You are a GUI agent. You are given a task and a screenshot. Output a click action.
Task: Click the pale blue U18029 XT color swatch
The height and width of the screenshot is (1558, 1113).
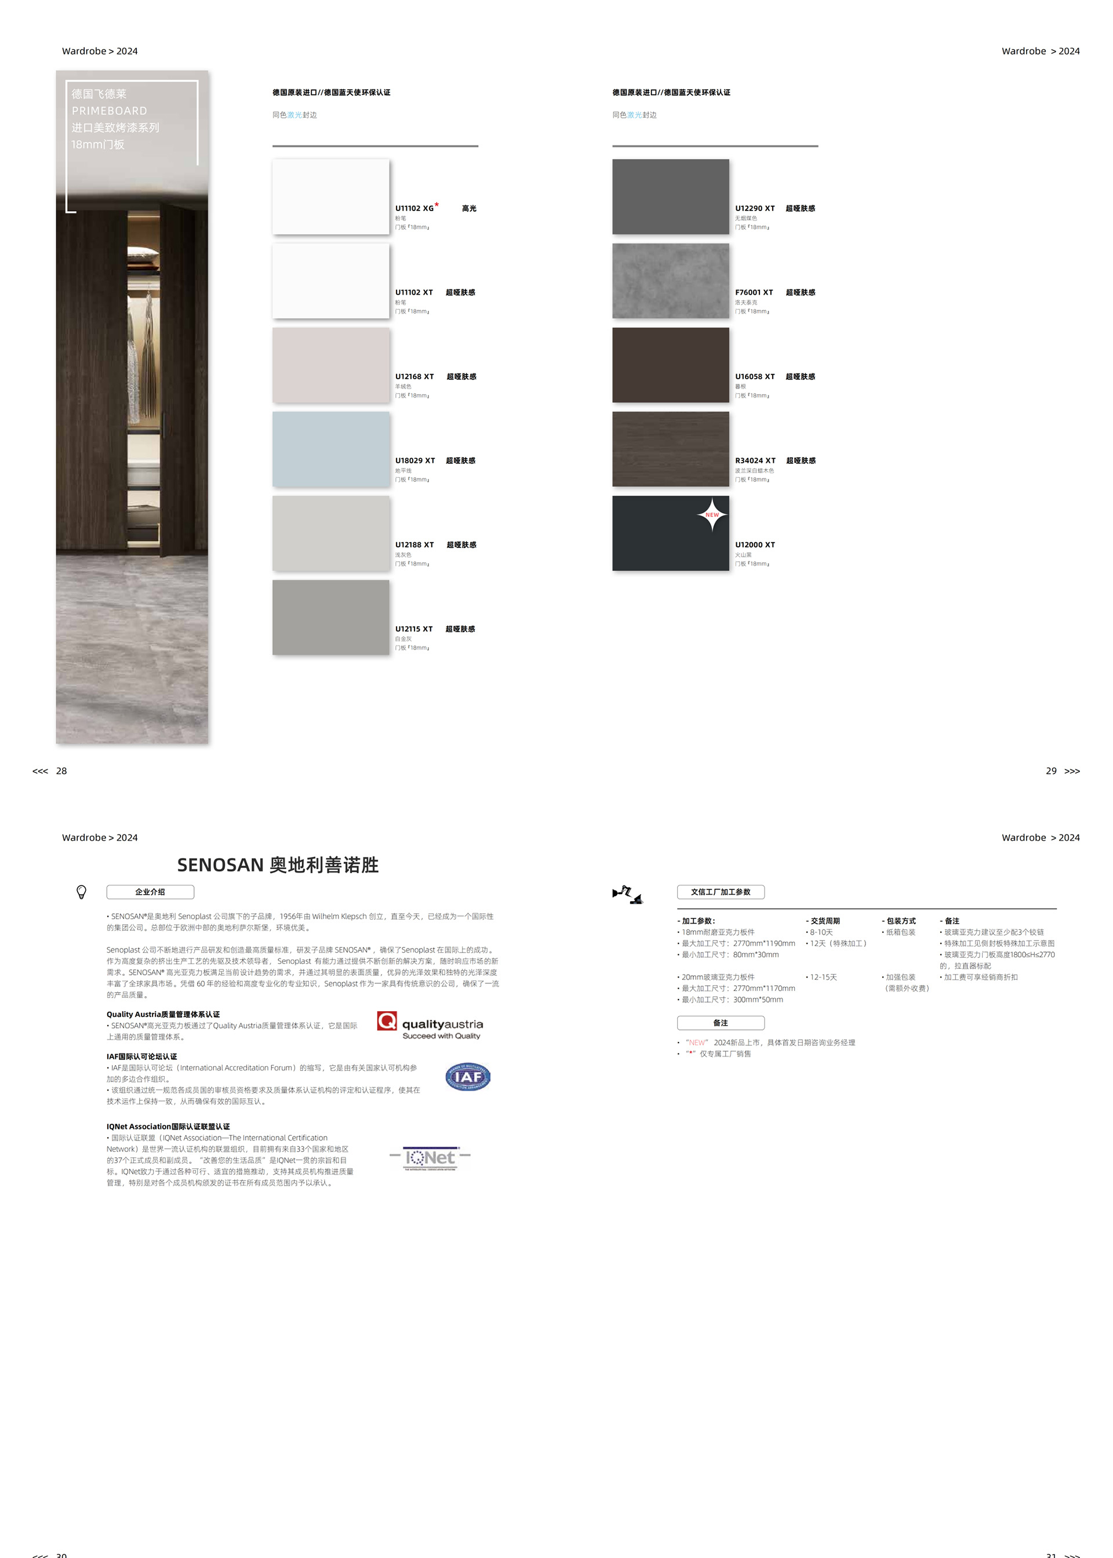(x=330, y=449)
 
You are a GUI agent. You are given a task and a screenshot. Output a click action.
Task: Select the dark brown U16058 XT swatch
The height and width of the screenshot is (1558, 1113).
(x=670, y=365)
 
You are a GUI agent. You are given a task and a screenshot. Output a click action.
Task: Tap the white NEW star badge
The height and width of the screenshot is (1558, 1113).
(x=712, y=514)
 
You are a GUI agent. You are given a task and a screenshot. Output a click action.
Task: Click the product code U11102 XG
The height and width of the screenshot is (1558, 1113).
(x=414, y=208)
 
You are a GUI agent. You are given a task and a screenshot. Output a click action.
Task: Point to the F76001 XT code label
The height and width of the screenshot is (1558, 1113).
(x=754, y=293)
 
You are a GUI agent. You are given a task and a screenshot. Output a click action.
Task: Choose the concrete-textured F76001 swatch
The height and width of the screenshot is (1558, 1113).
(x=670, y=280)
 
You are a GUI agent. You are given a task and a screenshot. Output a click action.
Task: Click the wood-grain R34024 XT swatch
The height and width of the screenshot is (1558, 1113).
(x=670, y=449)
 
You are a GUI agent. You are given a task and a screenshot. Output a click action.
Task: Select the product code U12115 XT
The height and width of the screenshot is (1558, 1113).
(x=413, y=629)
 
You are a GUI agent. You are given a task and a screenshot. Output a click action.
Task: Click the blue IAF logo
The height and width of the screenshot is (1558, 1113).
(x=467, y=1077)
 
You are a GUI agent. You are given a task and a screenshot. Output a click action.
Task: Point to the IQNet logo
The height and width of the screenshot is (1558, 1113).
(x=430, y=1158)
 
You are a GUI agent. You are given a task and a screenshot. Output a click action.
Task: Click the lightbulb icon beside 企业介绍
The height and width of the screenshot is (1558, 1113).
(x=82, y=892)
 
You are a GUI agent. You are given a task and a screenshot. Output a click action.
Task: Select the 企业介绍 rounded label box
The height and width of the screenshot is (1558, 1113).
(x=150, y=892)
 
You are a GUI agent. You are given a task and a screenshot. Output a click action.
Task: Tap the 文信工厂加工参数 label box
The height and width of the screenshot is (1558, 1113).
(x=721, y=892)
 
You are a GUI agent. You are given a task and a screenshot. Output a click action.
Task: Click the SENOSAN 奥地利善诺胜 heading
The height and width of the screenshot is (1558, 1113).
(x=278, y=865)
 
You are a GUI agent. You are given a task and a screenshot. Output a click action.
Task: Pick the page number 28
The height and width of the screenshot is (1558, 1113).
(x=61, y=771)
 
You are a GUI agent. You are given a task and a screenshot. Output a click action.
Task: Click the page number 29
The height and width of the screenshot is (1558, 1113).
(x=1050, y=771)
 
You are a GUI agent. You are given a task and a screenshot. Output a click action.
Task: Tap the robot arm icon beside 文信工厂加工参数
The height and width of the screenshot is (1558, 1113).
(x=627, y=894)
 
